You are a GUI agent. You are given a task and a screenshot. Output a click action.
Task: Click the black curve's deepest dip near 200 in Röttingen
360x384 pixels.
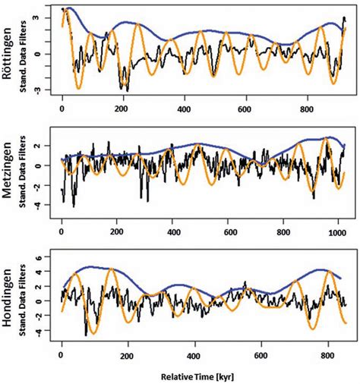127,90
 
